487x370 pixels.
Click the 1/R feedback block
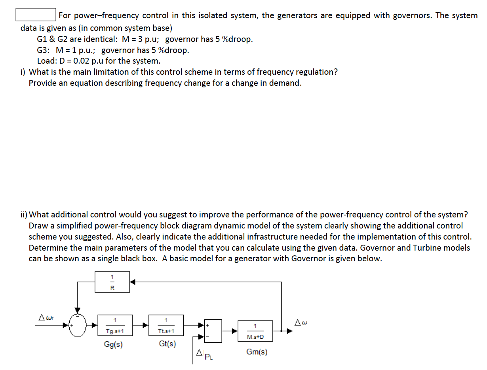coord(112,282)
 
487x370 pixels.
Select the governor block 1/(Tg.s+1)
coord(115,325)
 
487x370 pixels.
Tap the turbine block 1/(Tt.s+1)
coord(166,325)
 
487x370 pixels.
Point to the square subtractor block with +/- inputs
coord(213,330)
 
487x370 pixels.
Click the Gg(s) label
coord(113,344)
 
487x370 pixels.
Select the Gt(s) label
coord(167,344)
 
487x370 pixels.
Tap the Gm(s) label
coord(257,352)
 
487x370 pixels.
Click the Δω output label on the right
coord(302,323)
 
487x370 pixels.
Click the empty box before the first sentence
coord(35,15)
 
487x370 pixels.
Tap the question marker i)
coord(23,72)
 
